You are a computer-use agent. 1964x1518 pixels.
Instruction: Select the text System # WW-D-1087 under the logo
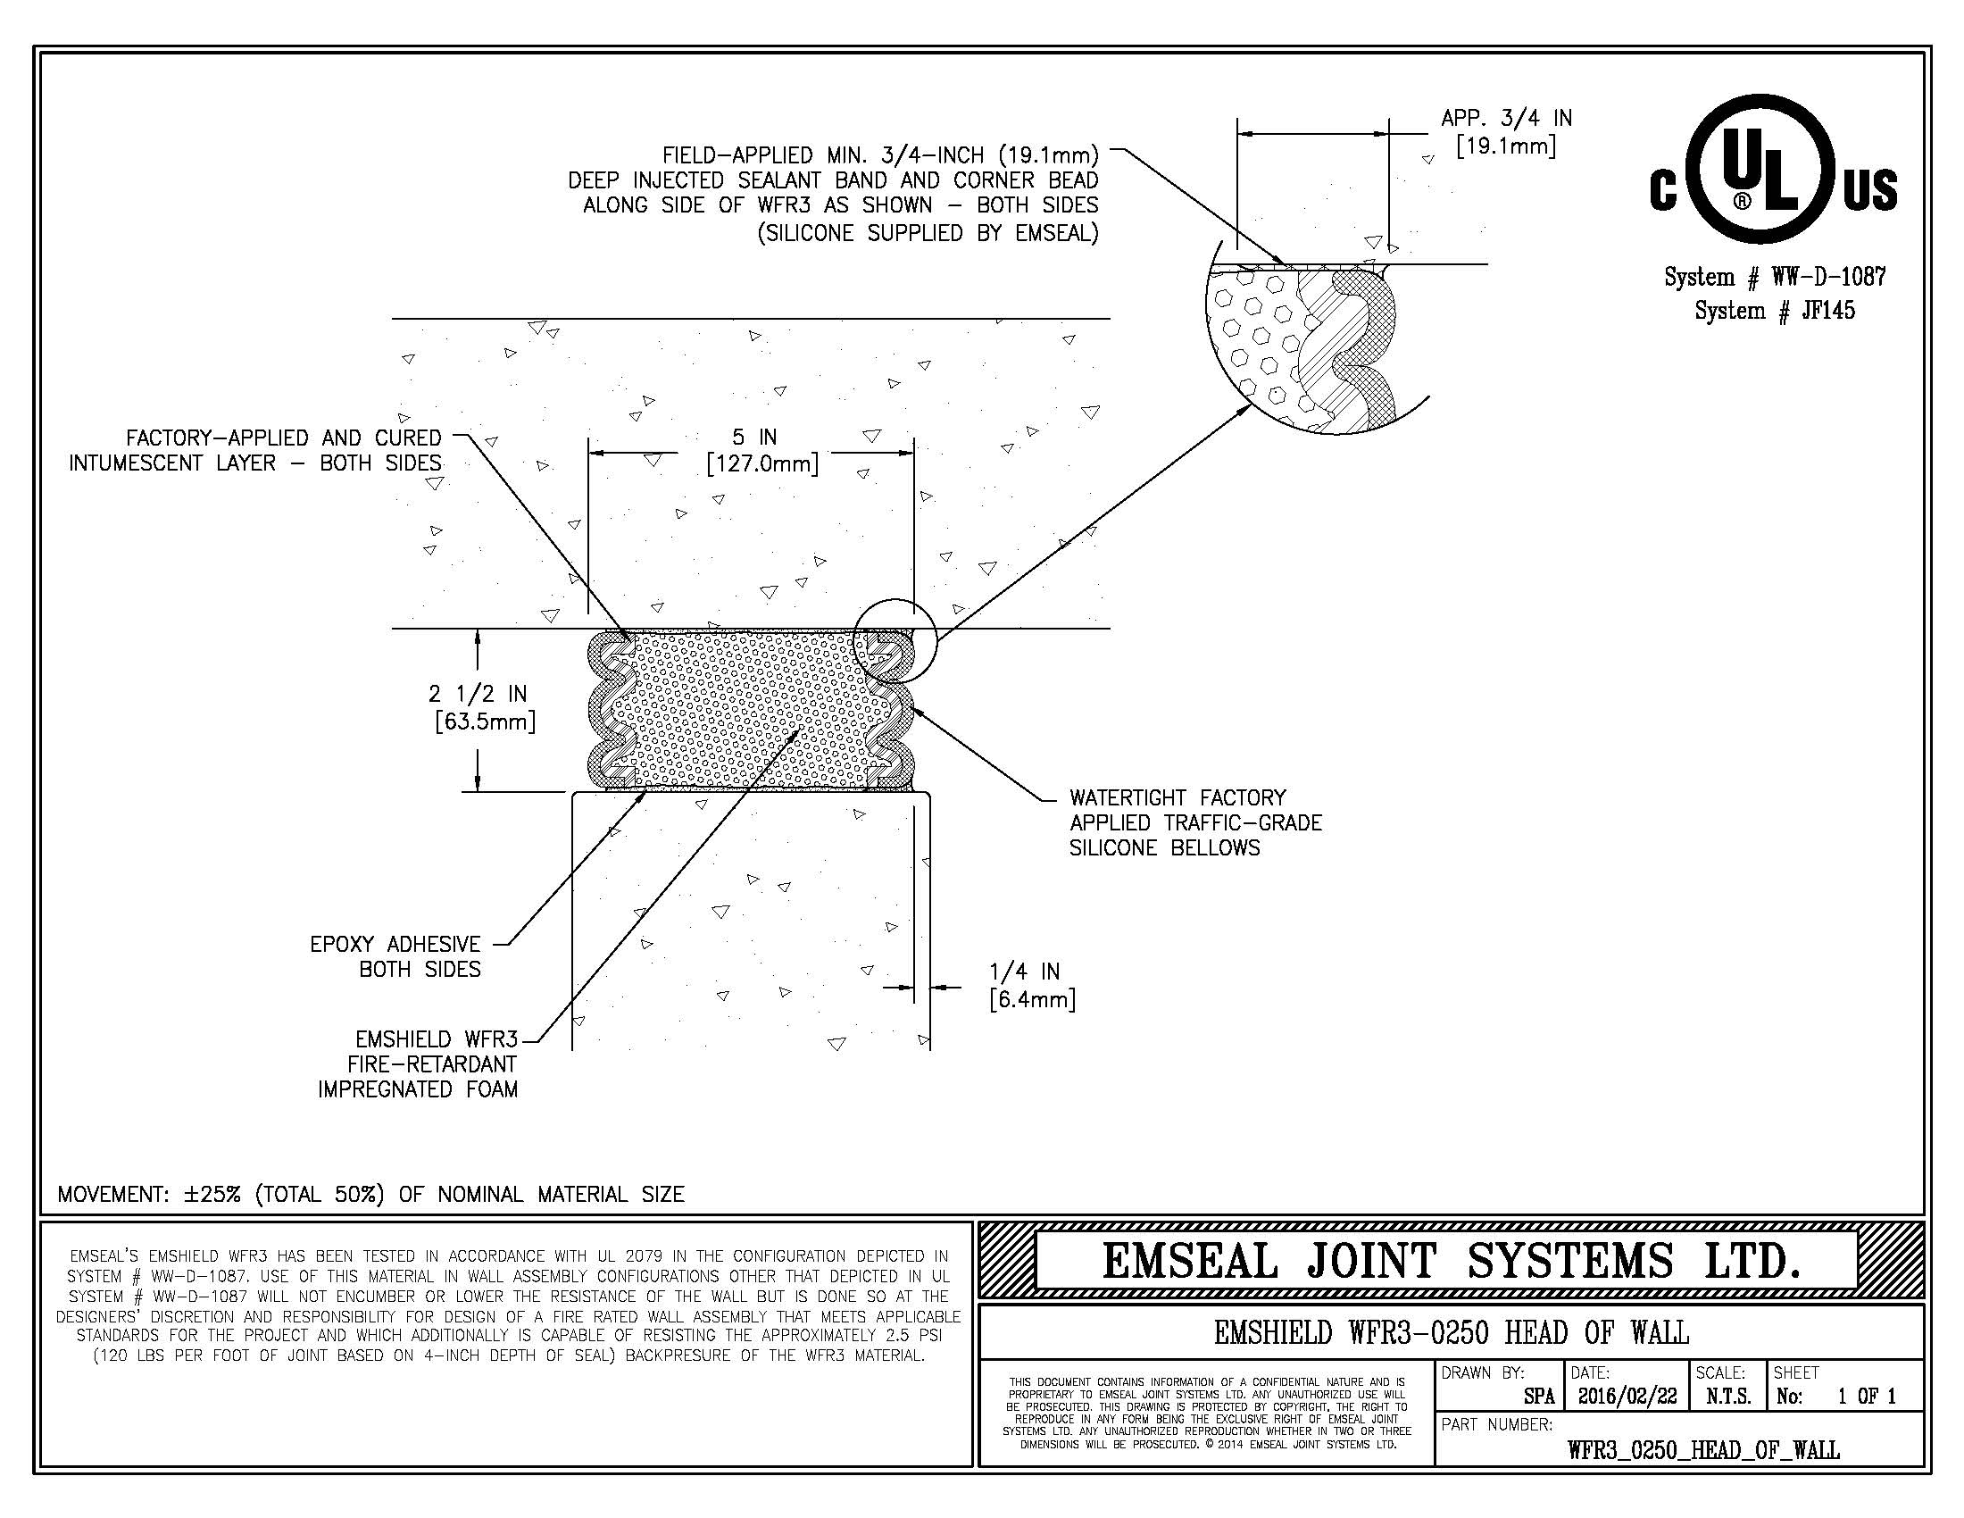(x=1774, y=278)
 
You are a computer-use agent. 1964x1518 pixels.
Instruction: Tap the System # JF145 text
(x=1774, y=311)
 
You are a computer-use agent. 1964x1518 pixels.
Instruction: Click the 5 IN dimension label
(x=753, y=438)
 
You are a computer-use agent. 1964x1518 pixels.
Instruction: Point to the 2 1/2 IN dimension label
(x=478, y=694)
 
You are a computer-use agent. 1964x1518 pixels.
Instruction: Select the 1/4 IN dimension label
(x=1024, y=972)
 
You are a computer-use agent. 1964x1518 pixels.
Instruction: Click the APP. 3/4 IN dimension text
(x=1506, y=118)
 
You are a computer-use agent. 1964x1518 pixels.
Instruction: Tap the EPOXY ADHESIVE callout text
(x=395, y=945)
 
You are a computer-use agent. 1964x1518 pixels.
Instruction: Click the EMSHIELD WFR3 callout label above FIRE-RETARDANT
(x=437, y=1040)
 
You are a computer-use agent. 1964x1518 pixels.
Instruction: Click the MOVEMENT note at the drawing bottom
(x=370, y=1195)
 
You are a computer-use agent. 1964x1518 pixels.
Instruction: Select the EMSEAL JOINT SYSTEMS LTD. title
(x=1451, y=1261)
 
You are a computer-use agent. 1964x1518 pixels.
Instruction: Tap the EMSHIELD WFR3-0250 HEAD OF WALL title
(x=1451, y=1332)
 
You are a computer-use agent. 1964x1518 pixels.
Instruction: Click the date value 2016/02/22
(x=1627, y=1397)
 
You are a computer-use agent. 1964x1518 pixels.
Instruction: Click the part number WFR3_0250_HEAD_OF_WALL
(x=1703, y=1450)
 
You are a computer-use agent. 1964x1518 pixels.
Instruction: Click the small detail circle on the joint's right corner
(x=895, y=639)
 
